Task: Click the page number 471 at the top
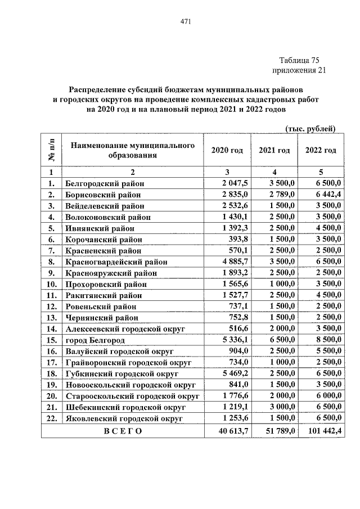tap(186, 21)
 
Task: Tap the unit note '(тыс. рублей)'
tap(310, 128)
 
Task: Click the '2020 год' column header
tap(227, 150)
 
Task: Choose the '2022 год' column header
tap(321, 150)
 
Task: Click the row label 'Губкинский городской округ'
tap(121, 373)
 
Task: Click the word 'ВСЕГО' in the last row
tap(123, 431)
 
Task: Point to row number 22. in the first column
tap(51, 418)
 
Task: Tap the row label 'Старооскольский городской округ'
tap(131, 396)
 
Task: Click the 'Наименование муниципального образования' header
tap(133, 150)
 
